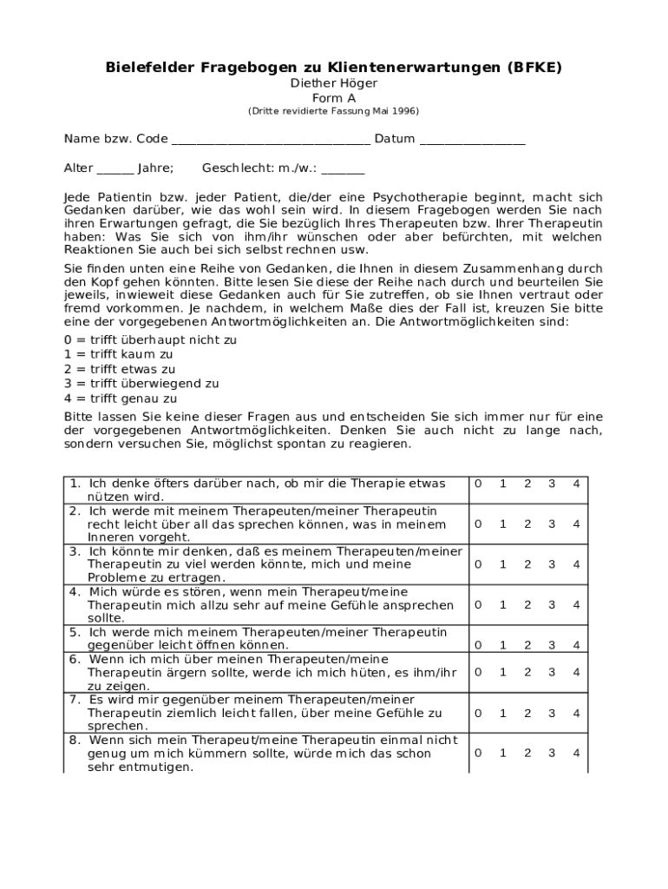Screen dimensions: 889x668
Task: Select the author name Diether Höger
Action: click(x=334, y=83)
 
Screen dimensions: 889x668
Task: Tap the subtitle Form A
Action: click(x=334, y=98)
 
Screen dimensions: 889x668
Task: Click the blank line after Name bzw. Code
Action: click(x=271, y=142)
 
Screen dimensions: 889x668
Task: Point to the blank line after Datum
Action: click(x=472, y=142)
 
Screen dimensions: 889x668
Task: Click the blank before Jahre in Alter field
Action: click(x=115, y=170)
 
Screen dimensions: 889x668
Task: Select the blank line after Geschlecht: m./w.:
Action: click(x=343, y=170)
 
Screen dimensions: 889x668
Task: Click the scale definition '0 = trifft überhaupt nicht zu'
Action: click(x=150, y=340)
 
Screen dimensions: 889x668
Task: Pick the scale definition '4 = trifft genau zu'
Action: click(x=121, y=399)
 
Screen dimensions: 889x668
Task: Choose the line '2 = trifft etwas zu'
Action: click(x=120, y=370)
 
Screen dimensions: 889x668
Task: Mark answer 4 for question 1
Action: click(x=575, y=484)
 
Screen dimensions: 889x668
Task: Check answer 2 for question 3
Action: click(x=527, y=564)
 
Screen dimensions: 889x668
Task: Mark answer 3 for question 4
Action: click(x=551, y=604)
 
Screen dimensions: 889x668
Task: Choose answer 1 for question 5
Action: click(x=502, y=644)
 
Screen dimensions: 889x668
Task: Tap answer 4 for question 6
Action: click(x=575, y=672)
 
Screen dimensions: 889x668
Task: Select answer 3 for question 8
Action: click(x=551, y=753)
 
